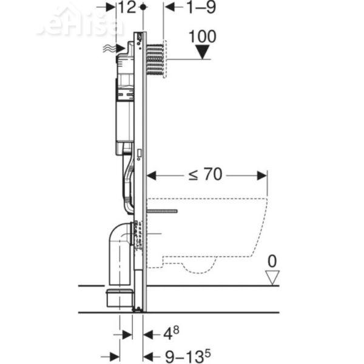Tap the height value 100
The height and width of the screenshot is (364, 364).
tap(201, 36)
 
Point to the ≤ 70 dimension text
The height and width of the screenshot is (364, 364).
tap(204, 175)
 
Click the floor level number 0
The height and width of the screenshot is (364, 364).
tap(272, 261)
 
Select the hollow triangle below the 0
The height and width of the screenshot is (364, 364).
tap(272, 277)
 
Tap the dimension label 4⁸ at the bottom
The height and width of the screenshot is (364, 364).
tap(171, 333)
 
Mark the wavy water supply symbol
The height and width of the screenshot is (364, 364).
tap(109, 49)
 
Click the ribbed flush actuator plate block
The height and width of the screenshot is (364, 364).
tap(156, 59)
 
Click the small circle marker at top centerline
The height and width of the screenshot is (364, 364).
tap(143, 7)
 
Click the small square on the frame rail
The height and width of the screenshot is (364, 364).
tap(140, 154)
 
